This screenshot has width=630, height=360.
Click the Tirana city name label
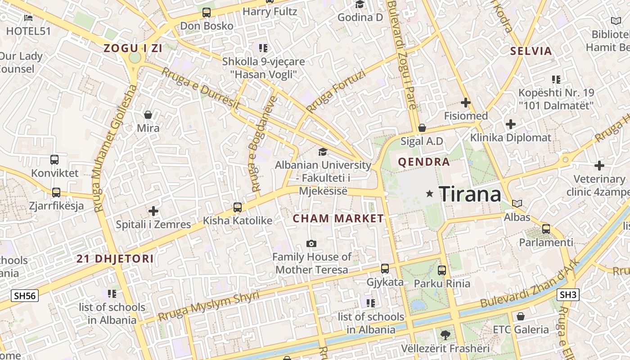coord(470,194)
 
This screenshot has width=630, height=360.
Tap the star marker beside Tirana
coord(430,193)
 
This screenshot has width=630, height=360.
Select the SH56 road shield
coord(25,296)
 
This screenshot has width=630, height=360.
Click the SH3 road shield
coord(568,295)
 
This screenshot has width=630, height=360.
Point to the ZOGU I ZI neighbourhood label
coord(133,49)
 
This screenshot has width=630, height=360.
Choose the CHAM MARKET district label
coord(338,219)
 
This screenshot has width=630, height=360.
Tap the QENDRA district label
coord(424,162)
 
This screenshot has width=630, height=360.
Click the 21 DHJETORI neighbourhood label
coord(115,259)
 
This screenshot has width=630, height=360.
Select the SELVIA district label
coord(531,51)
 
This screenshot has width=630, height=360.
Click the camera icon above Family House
coord(311,243)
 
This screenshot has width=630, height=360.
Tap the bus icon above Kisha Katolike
coord(238,207)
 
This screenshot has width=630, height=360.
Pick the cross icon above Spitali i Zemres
coord(153,211)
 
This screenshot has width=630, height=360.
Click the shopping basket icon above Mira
coord(148,115)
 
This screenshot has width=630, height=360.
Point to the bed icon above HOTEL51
coord(28,18)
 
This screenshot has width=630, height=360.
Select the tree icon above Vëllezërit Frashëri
coord(445,335)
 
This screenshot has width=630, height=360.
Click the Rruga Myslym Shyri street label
coord(208,306)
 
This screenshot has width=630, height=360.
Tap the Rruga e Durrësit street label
coord(201,89)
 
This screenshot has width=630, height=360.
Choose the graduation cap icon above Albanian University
coord(323,152)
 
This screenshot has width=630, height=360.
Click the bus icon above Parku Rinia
coord(442,270)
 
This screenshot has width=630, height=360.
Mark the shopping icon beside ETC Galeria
coord(521,316)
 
